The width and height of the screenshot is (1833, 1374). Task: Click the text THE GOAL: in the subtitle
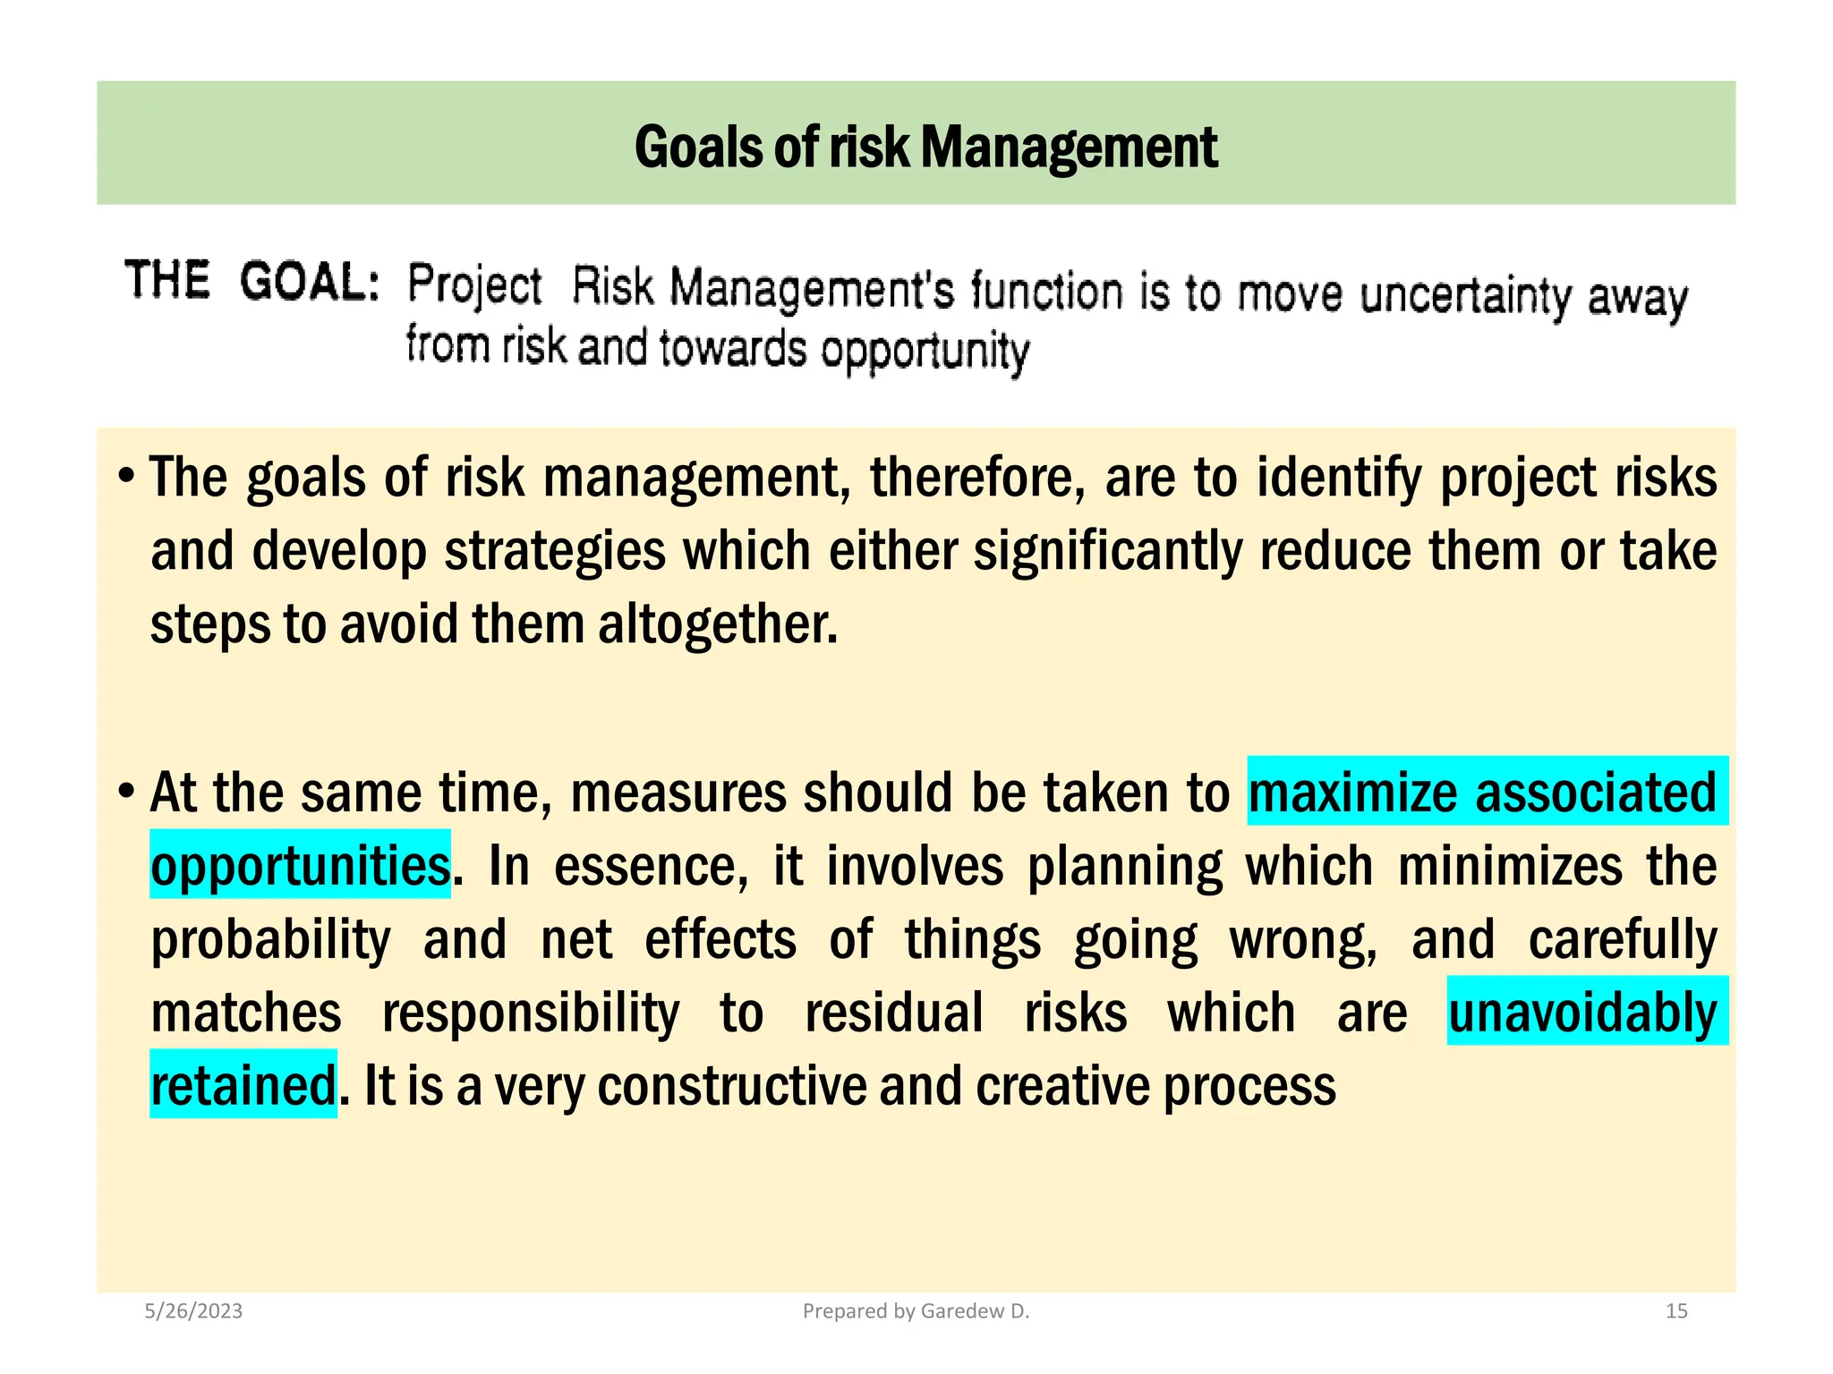252,281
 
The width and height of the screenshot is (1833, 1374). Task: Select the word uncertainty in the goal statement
1465,295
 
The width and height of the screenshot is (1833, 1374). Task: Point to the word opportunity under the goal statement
925,352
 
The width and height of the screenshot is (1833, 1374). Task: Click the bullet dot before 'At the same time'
127,791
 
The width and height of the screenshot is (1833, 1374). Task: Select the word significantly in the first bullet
1108,551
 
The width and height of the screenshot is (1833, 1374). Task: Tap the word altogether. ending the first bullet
718,624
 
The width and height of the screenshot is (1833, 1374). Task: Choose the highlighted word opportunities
300,867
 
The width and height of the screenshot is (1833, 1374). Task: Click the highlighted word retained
243,1086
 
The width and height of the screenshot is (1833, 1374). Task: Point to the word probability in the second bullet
270,940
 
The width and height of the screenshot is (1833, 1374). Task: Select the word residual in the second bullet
893,1014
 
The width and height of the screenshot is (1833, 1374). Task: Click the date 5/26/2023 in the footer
193,1311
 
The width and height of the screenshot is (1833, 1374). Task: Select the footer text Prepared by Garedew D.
916,1311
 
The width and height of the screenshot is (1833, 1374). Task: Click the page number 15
1675,1311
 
